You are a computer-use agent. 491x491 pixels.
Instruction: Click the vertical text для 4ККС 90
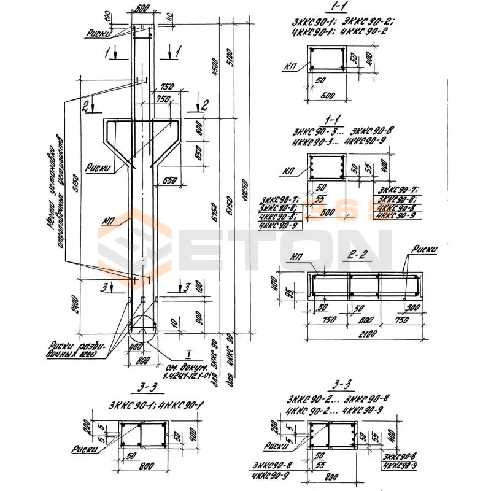tap(231, 360)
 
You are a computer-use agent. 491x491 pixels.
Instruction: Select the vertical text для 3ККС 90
tap(213, 360)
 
